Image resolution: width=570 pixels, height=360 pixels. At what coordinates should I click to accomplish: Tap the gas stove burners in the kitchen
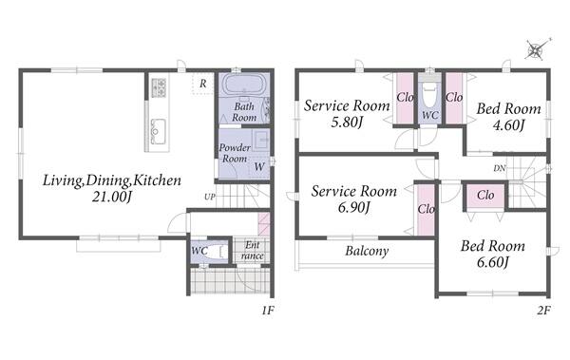click(159, 87)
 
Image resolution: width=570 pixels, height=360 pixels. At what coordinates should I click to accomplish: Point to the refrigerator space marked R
click(203, 84)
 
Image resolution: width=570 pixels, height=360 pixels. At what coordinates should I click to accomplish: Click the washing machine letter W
click(259, 167)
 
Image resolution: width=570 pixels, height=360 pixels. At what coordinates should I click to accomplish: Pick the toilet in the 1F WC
click(218, 252)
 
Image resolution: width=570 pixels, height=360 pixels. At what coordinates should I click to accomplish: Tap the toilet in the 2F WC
click(429, 95)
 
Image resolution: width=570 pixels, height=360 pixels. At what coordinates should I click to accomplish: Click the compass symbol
click(537, 49)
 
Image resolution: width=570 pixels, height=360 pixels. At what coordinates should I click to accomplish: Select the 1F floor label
click(268, 311)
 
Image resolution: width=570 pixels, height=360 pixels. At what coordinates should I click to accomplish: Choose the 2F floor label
click(543, 311)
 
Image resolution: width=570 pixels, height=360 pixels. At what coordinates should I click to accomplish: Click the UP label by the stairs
click(210, 197)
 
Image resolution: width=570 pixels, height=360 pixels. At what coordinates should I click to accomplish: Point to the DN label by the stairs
click(500, 168)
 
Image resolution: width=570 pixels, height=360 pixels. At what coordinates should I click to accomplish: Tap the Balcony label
click(367, 251)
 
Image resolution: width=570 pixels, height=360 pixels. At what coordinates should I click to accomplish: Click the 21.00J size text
click(111, 197)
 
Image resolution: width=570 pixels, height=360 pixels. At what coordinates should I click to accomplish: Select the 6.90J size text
click(353, 208)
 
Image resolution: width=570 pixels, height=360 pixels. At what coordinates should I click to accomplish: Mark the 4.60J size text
click(508, 125)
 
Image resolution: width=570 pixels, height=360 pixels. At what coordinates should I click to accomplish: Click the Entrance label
click(252, 250)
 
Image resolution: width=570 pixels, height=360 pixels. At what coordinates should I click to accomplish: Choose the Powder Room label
click(235, 153)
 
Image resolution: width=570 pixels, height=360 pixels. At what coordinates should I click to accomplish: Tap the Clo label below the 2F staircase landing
click(485, 196)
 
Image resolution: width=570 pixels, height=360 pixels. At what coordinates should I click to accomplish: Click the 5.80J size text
click(347, 123)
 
